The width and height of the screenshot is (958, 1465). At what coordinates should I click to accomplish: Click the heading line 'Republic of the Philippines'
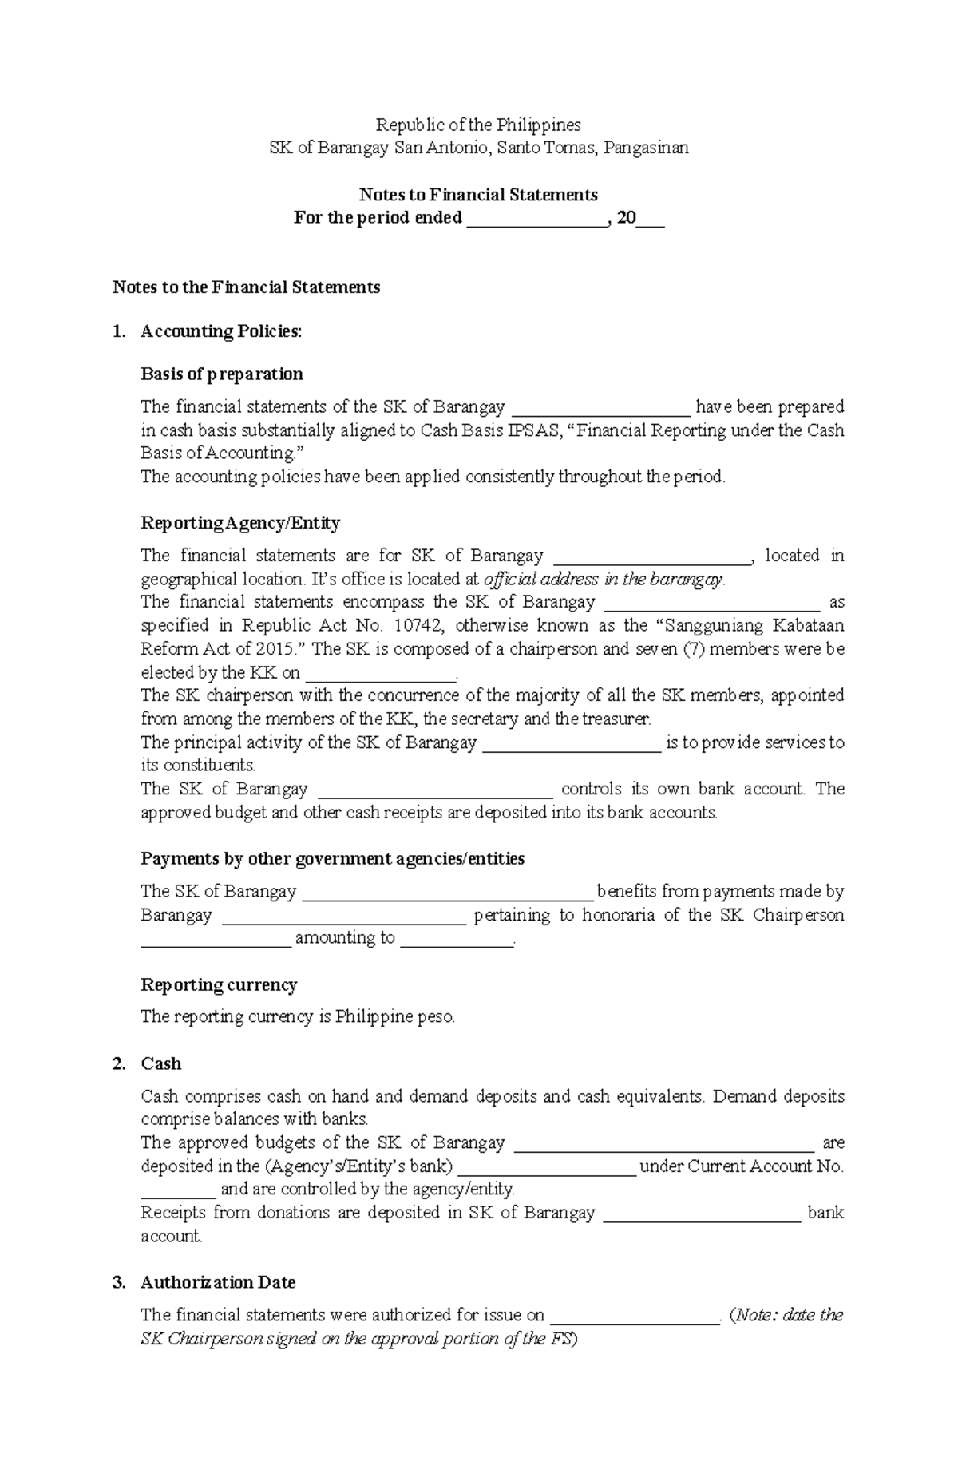478,125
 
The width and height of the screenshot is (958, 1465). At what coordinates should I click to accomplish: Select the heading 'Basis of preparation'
222,374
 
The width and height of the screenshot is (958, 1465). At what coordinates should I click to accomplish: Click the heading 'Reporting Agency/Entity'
240,523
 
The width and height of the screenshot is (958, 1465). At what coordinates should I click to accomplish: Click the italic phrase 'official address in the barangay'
604,579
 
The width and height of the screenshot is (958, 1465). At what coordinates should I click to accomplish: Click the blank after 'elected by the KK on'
380,673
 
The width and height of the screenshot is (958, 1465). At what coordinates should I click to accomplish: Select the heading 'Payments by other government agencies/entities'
332,859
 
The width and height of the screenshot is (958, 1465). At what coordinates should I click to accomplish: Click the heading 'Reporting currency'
219,985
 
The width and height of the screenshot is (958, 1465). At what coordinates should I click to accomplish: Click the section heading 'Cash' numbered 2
161,1064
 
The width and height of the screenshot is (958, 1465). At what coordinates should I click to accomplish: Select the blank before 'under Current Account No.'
546,1167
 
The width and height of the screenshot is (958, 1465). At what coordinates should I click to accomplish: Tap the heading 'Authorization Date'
218,1283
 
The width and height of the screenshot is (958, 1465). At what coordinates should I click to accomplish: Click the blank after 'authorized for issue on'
635,1316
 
